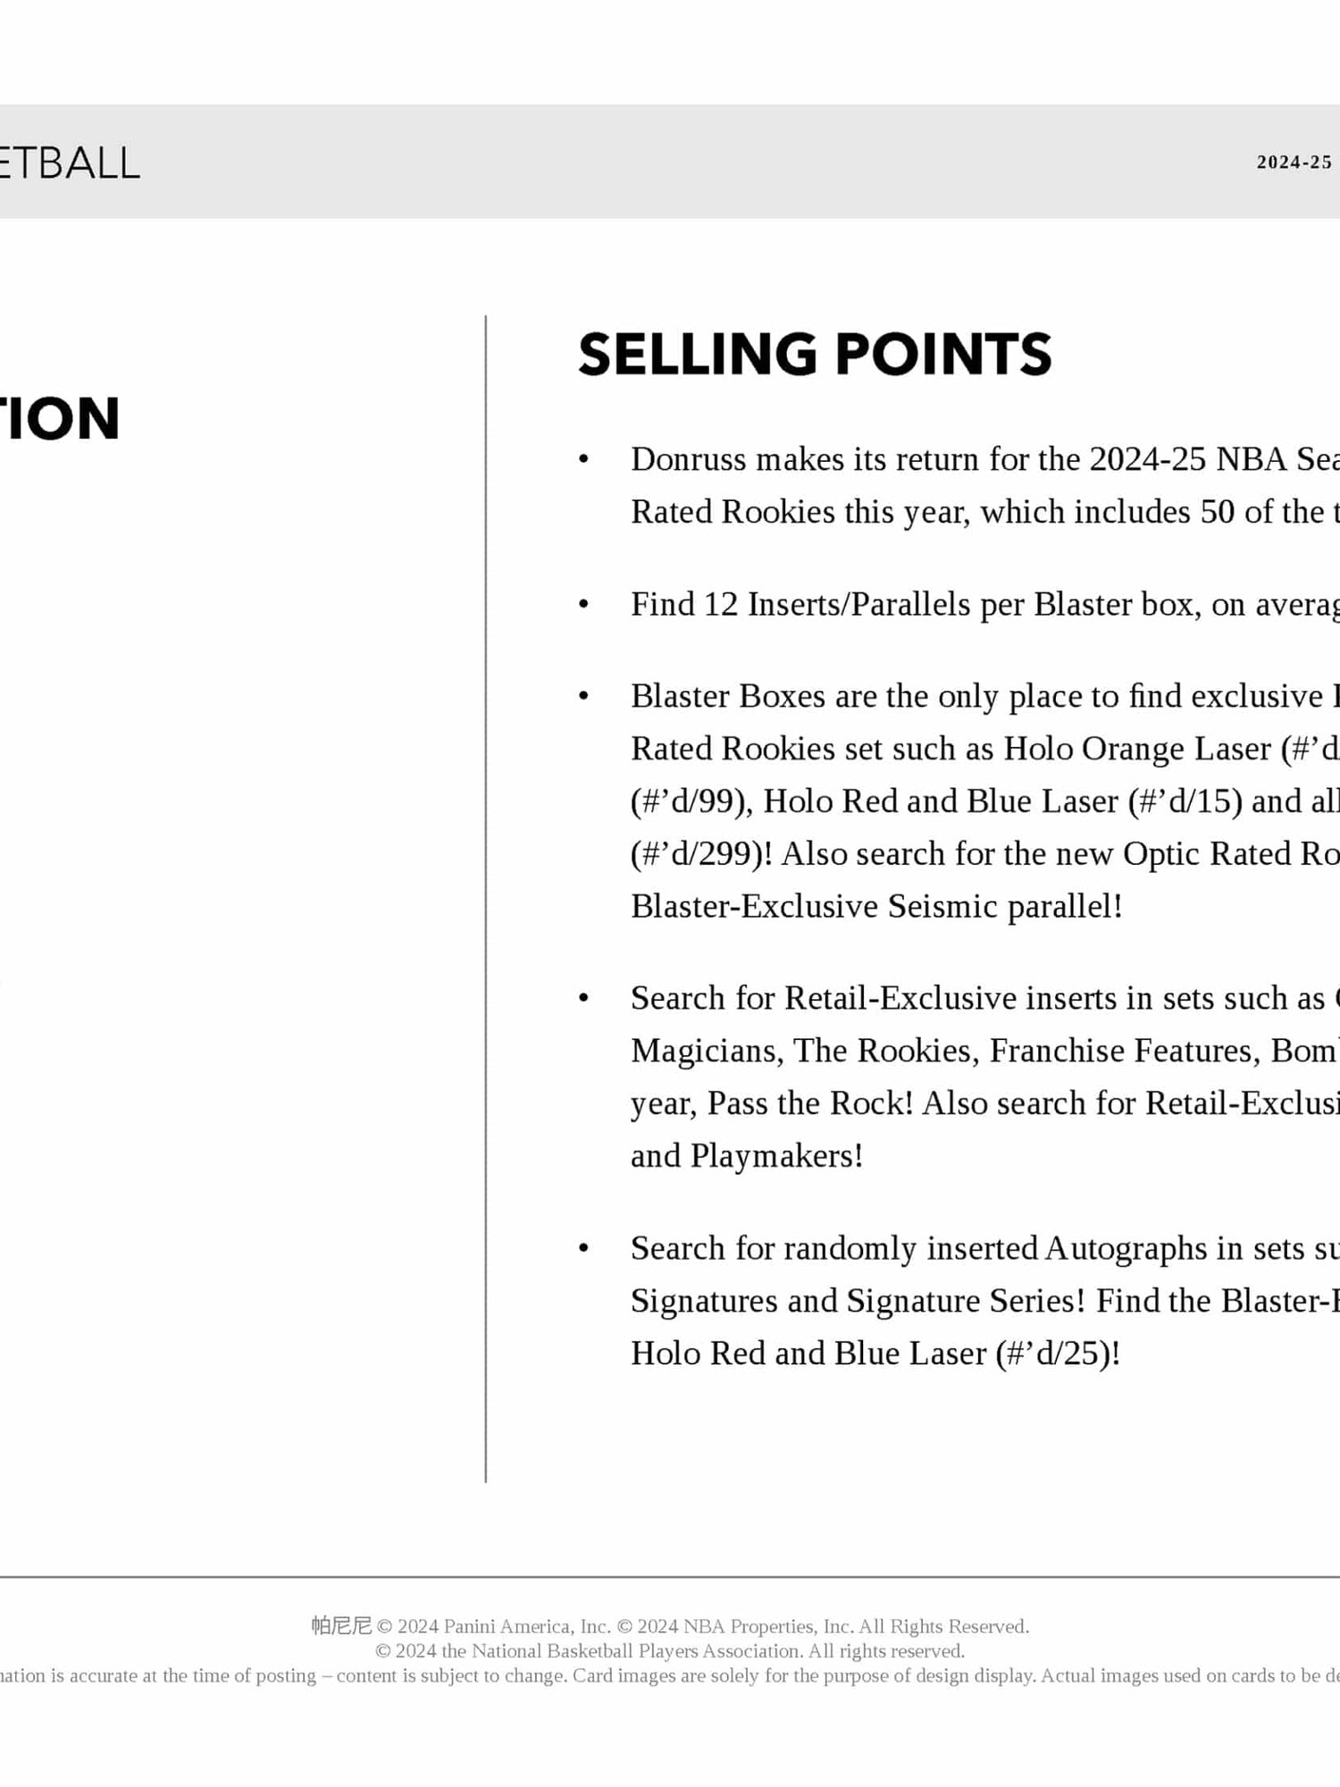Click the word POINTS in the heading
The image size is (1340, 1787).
click(943, 354)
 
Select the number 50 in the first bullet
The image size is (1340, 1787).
click(1218, 512)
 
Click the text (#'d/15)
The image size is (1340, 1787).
click(1185, 801)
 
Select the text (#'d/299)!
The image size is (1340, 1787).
click(701, 854)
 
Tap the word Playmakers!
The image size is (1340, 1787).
click(776, 1156)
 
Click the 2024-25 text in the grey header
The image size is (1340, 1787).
click(1294, 163)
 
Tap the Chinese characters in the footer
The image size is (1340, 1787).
click(340, 1625)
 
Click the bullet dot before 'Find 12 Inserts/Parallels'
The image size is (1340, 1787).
click(583, 605)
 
